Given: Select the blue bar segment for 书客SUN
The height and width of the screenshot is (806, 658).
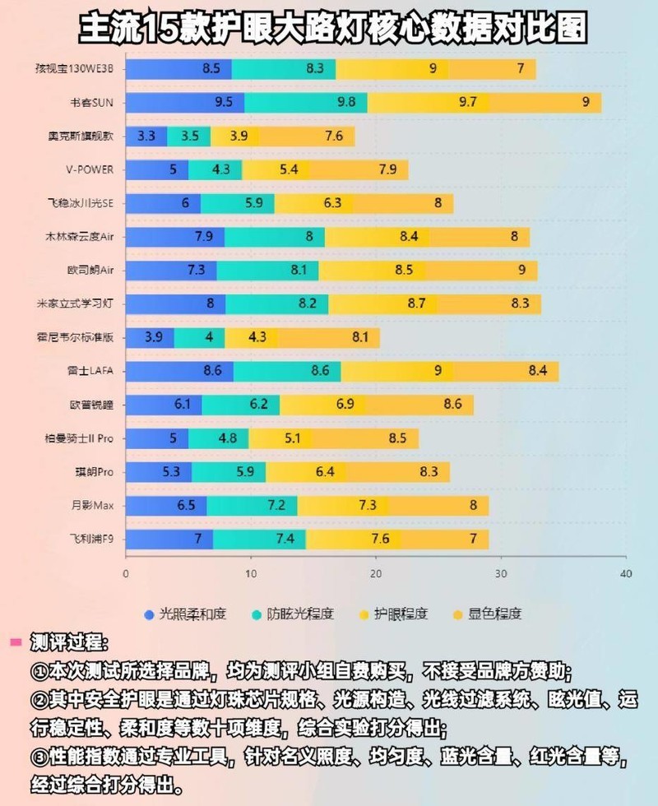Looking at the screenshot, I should [x=185, y=103].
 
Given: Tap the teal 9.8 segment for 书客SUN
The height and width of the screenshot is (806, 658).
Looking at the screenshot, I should [x=306, y=103].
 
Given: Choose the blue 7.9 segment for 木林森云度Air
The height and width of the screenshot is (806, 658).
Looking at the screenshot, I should [x=175, y=237].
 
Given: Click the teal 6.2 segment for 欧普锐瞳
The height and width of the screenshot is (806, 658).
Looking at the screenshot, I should [x=240, y=405].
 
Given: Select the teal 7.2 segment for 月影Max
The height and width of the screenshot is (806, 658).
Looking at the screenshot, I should [x=252, y=505].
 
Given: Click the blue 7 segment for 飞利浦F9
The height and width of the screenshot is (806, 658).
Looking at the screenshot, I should [x=169, y=539].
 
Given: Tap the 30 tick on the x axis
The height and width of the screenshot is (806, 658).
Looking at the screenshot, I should [x=501, y=573].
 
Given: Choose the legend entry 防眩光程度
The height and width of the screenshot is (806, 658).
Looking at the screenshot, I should [x=296, y=614].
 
